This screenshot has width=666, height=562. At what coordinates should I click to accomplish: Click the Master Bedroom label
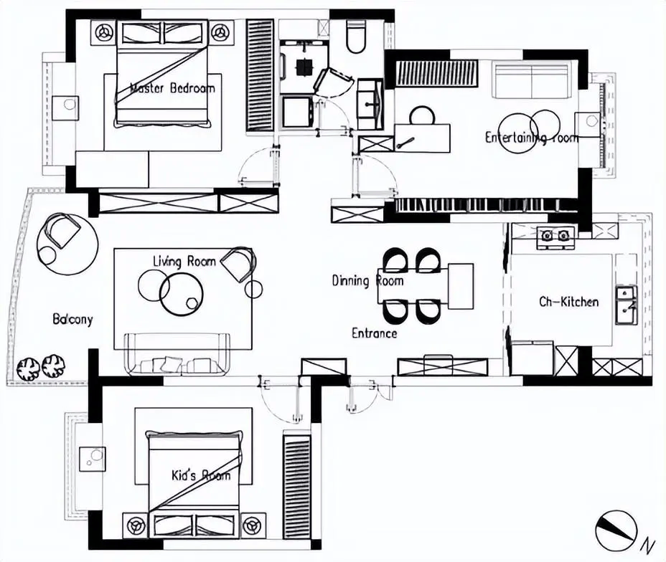click(172, 89)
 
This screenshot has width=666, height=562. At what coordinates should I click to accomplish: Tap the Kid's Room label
click(201, 475)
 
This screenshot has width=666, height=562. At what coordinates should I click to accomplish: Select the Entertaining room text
click(531, 138)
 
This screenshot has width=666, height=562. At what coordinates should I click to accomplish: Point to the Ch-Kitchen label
click(568, 302)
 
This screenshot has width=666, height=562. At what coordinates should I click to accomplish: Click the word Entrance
click(374, 333)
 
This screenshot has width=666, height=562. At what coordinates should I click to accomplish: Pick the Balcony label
click(72, 320)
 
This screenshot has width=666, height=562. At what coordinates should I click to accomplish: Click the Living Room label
click(184, 262)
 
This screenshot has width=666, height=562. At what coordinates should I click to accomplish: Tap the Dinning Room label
click(367, 280)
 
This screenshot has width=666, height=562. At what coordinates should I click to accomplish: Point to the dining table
click(460, 286)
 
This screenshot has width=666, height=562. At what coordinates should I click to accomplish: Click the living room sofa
click(177, 356)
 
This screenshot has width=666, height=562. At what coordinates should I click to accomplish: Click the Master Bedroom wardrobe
click(260, 75)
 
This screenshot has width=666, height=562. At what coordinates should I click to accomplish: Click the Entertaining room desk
click(422, 138)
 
